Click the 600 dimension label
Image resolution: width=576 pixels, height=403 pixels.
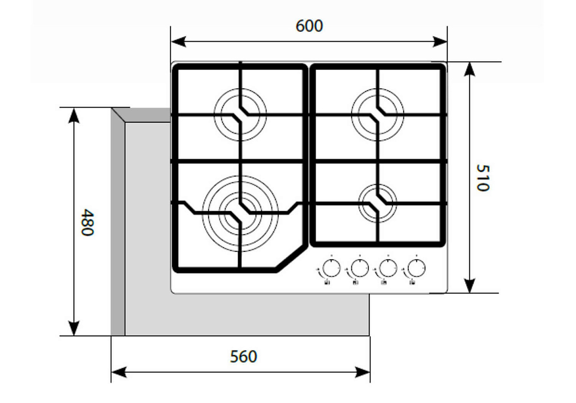click(309, 26)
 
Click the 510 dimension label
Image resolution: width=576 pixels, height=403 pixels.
click(483, 178)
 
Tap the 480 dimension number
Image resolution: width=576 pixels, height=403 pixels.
click(87, 222)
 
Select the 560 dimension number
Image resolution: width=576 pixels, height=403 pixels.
click(243, 356)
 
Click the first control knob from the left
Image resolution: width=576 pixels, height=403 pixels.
click(331, 268)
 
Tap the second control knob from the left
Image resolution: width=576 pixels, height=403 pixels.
click(360, 268)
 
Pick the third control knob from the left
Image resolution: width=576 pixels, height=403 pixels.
click(388, 268)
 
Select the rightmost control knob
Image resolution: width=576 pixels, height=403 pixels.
click(416, 268)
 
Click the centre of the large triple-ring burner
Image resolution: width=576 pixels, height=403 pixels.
click(240, 213)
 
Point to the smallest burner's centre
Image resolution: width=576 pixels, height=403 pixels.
click(377, 203)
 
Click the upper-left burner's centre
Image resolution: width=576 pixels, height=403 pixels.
click(240, 115)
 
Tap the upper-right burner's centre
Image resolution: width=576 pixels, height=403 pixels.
click(377, 115)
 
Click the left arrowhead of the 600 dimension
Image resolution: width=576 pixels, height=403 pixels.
click(179, 42)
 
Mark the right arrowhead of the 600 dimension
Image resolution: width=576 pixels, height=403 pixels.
click(440, 42)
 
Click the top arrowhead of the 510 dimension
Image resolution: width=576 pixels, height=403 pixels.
click(469, 70)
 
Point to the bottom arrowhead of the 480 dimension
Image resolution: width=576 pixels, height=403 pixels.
click(74, 328)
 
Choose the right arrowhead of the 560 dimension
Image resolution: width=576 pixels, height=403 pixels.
click(362, 372)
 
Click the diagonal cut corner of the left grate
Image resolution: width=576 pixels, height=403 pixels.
click(292, 259)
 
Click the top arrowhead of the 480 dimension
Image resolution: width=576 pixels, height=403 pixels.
click(74, 116)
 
